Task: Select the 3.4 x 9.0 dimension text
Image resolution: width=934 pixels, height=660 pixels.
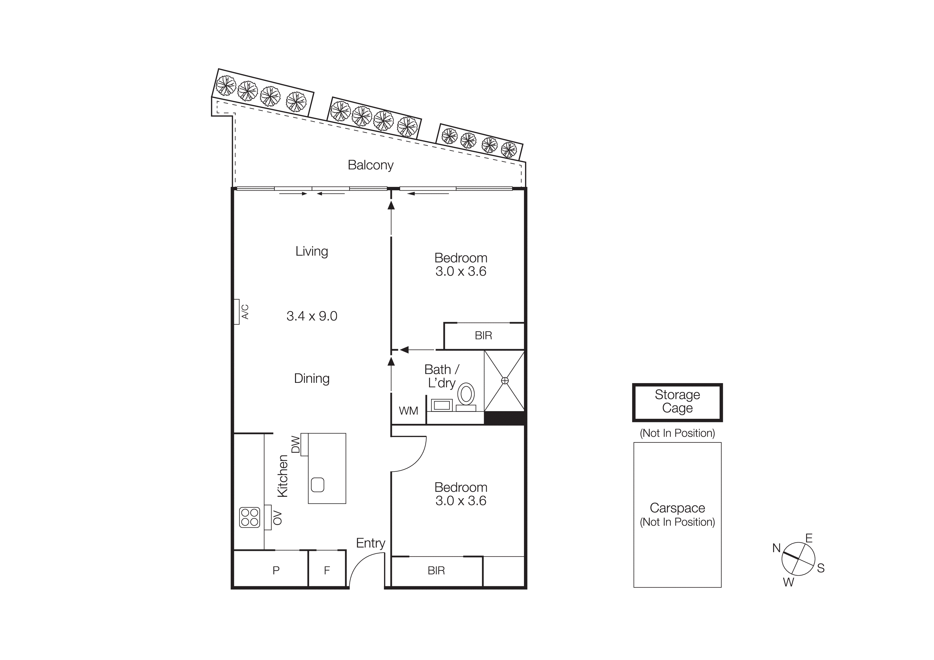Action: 312,316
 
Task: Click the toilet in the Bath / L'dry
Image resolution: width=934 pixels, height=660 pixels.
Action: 466,395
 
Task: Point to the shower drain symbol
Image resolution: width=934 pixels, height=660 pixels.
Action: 505,381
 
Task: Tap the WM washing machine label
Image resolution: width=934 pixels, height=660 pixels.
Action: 408,411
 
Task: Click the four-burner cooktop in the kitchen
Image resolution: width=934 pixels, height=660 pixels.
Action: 249,517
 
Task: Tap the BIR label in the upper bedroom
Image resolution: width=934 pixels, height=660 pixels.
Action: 483,335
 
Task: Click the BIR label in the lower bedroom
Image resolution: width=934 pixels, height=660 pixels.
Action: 436,571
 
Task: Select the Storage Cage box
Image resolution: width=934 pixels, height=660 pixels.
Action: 677,402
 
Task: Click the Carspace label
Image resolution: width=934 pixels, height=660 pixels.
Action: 677,508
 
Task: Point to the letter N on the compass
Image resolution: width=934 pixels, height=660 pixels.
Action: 776,548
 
